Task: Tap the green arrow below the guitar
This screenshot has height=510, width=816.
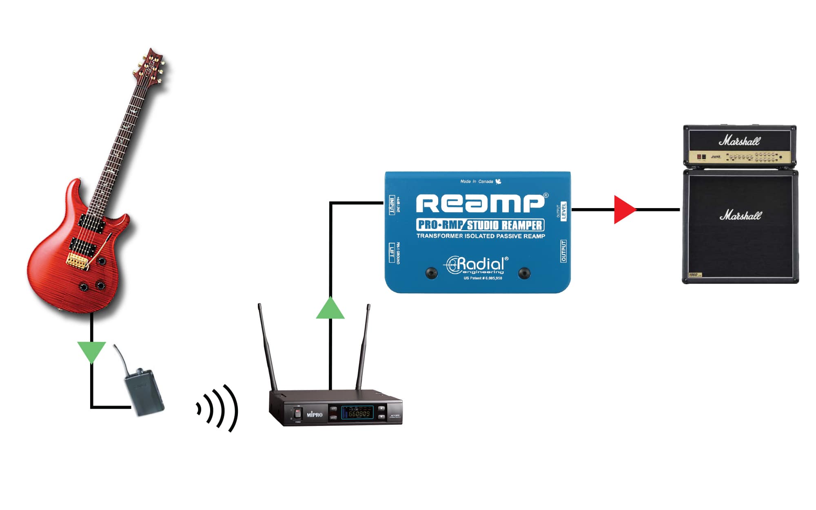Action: tap(91, 351)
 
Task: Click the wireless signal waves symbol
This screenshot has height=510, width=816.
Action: tap(218, 408)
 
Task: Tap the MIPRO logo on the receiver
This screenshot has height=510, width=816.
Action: tap(315, 415)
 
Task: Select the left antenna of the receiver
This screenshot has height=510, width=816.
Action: tap(267, 347)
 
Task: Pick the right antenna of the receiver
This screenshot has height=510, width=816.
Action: tap(363, 347)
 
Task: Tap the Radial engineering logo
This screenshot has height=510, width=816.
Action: tap(477, 265)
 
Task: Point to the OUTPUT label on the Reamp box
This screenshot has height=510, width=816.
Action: tap(563, 251)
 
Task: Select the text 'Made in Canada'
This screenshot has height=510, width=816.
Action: tap(477, 182)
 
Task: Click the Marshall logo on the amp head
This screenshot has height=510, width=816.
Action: tap(739, 141)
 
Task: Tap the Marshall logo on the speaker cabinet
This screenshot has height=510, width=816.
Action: tap(740, 215)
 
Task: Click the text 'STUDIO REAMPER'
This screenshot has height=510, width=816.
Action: tap(504, 225)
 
